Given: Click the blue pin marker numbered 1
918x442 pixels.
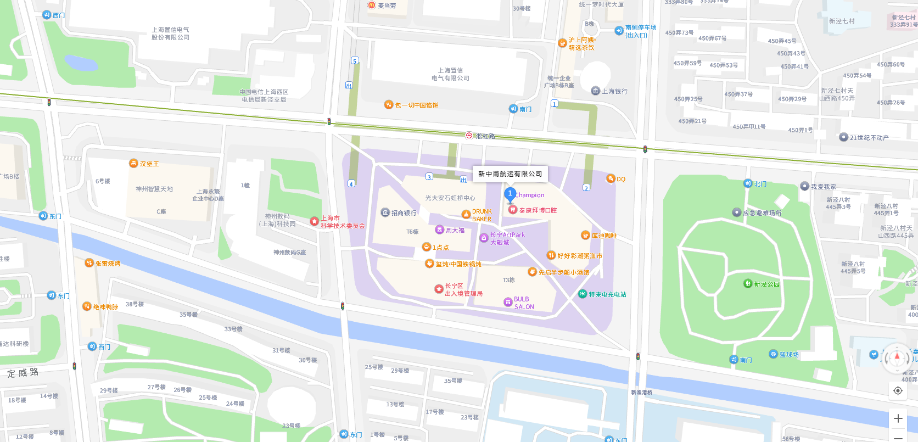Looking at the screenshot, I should click(510, 194).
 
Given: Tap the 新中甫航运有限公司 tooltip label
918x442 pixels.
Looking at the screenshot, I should click(510, 174).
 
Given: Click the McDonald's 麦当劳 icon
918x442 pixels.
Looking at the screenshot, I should click(372, 5).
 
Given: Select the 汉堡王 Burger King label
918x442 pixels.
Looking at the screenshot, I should click(149, 164).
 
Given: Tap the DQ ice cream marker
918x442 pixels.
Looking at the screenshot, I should click(611, 178).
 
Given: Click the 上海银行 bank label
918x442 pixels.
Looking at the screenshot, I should click(614, 92).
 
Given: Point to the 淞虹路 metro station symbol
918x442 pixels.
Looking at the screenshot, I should click(469, 135).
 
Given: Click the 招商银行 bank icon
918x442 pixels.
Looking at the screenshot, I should click(385, 212).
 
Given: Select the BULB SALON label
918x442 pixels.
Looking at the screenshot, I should click(523, 303).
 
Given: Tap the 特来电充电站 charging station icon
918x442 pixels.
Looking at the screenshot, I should click(583, 294).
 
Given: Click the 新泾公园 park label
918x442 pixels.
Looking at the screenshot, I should click(766, 284).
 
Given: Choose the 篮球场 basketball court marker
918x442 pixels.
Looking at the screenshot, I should click(774, 354).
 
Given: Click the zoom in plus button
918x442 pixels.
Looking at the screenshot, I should click(898, 418).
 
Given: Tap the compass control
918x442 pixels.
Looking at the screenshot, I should click(898, 357).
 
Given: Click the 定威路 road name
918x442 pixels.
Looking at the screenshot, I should click(23, 373).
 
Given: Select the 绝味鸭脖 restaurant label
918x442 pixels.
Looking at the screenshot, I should click(105, 307).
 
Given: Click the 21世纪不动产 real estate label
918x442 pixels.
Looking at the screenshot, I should click(869, 138).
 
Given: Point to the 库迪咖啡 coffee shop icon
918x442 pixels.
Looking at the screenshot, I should click(585, 236).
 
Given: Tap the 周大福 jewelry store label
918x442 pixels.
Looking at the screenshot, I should click(455, 231).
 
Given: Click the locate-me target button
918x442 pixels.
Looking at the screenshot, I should click(898, 390).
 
